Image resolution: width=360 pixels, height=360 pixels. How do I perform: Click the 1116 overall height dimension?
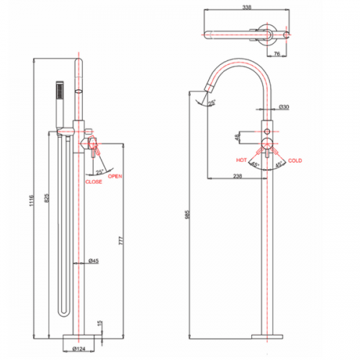coord(32,201)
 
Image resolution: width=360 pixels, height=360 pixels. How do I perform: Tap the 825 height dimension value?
coord(47,198)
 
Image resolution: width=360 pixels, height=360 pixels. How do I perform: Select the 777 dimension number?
coord(121,240)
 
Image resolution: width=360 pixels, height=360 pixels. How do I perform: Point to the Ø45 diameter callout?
coord(94,261)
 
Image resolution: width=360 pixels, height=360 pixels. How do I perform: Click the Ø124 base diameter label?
coord(79,348)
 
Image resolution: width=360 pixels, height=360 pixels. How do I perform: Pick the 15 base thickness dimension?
coord(100,323)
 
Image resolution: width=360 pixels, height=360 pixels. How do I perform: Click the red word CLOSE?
coord(94,181)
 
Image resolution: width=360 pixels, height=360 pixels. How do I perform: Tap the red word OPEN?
coord(115,176)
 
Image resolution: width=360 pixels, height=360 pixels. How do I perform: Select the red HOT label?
coord(241,160)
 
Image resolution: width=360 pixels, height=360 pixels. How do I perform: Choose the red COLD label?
coord(295,161)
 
